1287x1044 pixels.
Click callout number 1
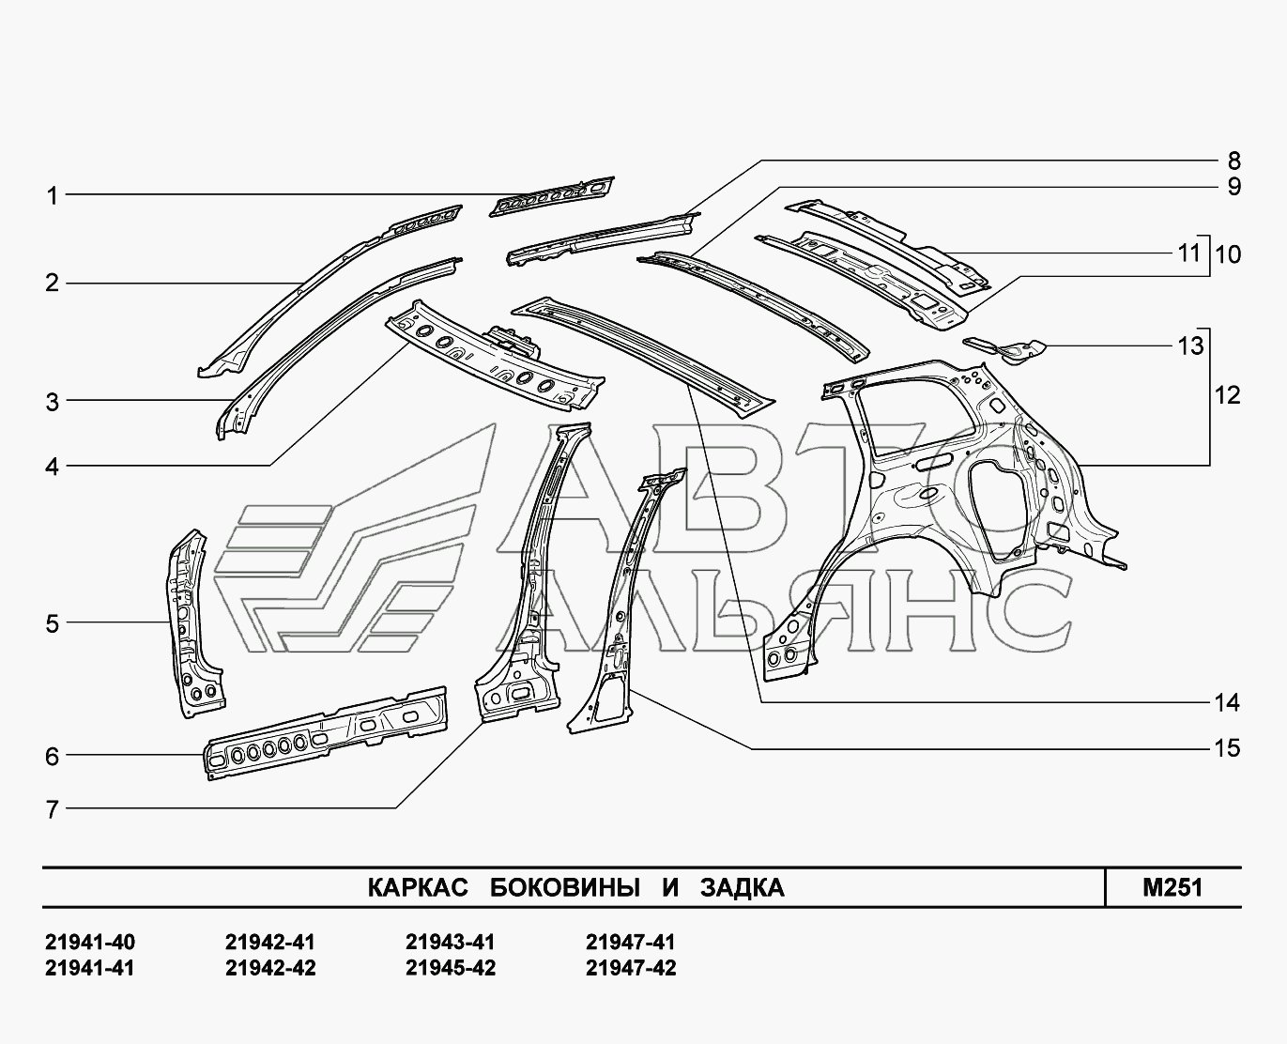click(53, 195)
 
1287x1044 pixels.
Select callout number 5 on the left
click(53, 623)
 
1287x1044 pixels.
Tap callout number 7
click(53, 809)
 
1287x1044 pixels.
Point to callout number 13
click(1190, 346)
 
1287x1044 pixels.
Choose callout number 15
click(1227, 748)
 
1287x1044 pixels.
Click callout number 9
click(1233, 187)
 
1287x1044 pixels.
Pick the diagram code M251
click(1172, 887)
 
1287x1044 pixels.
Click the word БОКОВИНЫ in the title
click(564, 887)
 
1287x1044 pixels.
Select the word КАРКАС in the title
click(418, 887)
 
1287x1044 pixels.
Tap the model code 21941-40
click(90, 942)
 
